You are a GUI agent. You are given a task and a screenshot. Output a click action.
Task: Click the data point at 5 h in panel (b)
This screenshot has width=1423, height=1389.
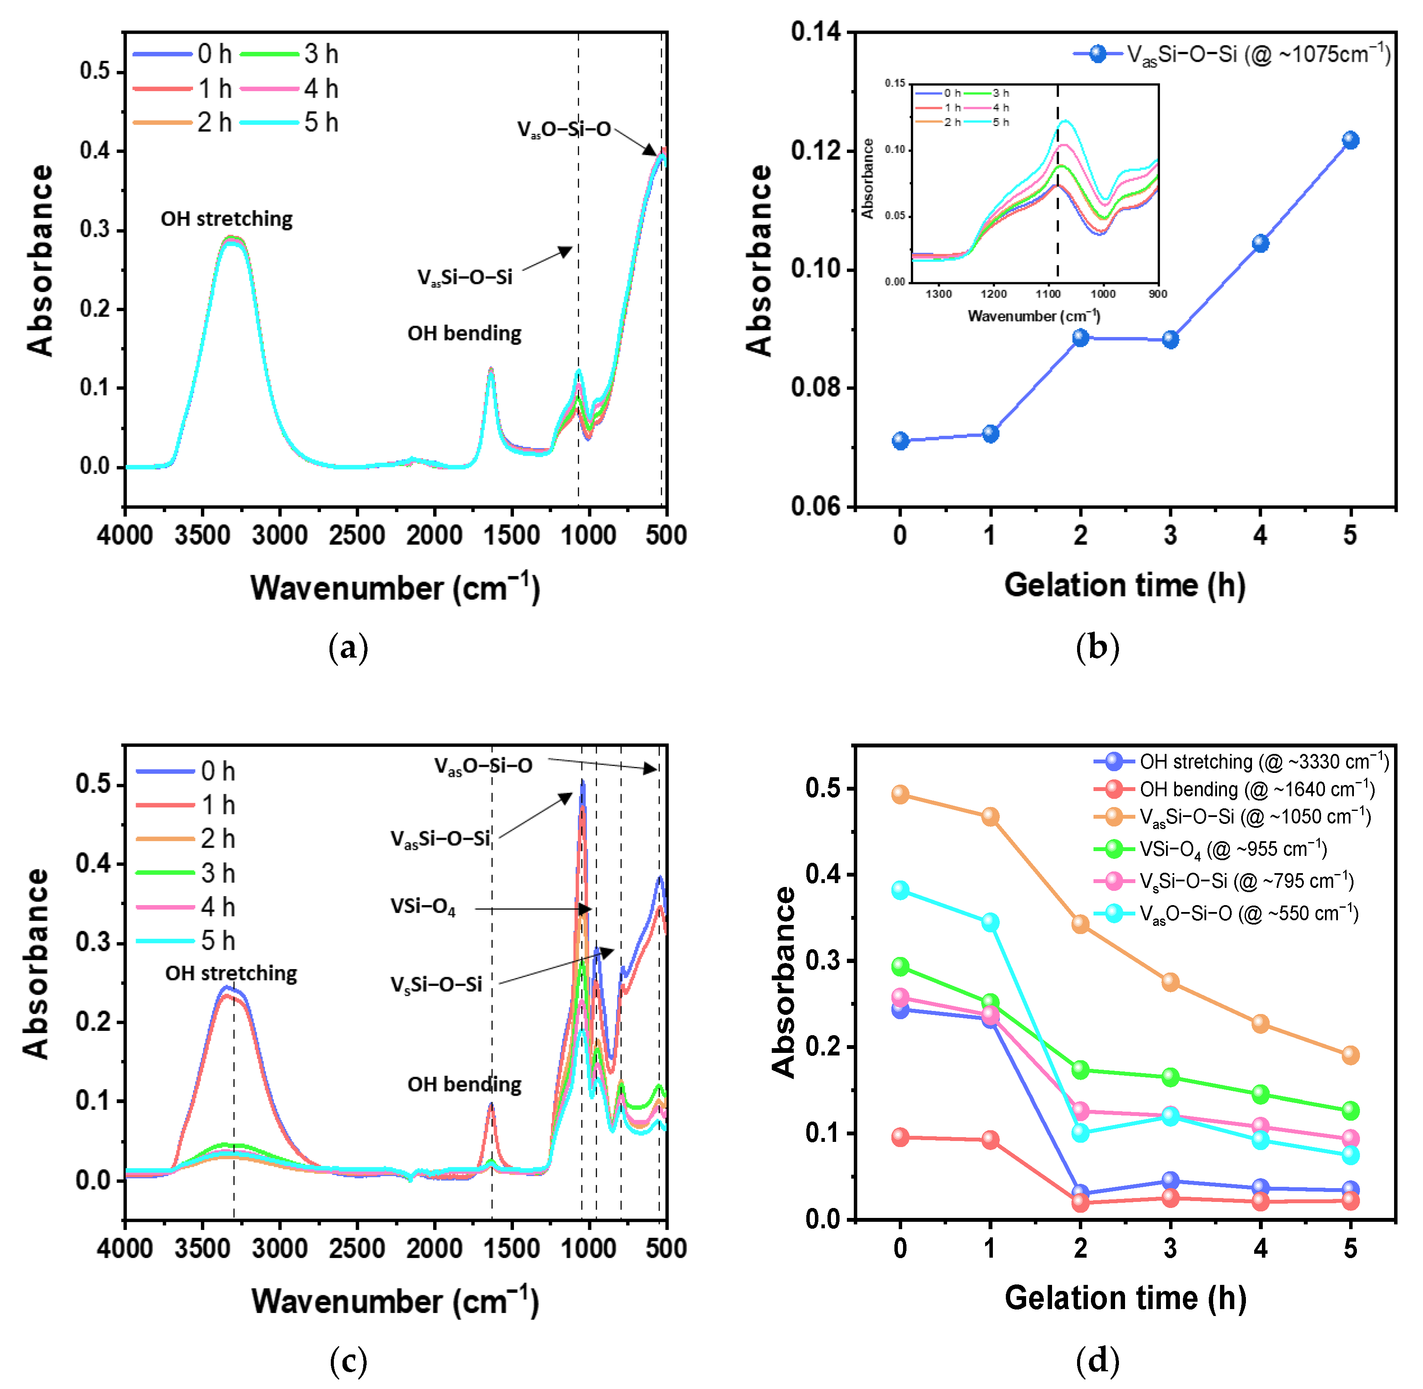1350,140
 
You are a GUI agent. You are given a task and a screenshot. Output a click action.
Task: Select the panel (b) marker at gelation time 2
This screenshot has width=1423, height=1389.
1080,338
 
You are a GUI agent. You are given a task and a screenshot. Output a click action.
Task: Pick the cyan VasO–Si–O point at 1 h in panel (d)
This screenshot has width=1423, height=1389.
990,922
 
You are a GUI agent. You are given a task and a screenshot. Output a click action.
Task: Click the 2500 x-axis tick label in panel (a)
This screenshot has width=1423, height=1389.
357,535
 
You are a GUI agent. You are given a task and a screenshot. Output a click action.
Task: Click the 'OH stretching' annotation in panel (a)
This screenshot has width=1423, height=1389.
226,219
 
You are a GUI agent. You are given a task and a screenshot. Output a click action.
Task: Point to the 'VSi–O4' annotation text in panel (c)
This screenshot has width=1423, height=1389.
423,907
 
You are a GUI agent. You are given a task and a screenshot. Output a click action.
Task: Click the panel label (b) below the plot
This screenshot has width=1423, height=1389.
1097,647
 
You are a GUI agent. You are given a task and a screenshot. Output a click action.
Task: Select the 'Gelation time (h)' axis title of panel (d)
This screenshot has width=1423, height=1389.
1125,1298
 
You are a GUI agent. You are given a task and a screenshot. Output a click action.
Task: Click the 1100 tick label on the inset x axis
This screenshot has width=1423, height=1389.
1048,294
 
